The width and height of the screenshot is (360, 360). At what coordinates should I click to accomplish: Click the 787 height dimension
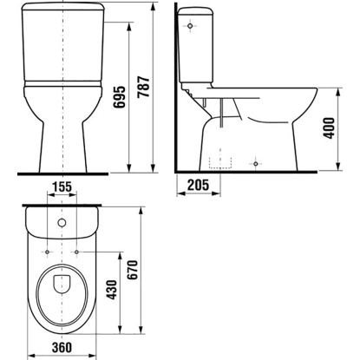[x=143, y=87]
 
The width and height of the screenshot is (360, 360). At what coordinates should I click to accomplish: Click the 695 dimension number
[x=120, y=97]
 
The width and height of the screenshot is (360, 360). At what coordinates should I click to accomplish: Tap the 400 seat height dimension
[x=330, y=128]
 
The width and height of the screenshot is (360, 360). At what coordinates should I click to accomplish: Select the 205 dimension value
[x=198, y=185]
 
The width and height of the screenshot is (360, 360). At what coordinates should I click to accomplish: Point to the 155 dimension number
[x=62, y=187]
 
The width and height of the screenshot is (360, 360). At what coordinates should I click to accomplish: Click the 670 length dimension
[x=133, y=270]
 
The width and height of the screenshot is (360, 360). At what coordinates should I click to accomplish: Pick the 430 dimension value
[x=112, y=290]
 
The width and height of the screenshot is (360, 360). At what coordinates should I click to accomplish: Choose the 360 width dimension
[x=62, y=347]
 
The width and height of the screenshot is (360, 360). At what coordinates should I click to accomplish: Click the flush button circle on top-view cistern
[x=62, y=223]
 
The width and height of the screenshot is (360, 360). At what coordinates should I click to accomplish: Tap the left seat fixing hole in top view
[x=47, y=252]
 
